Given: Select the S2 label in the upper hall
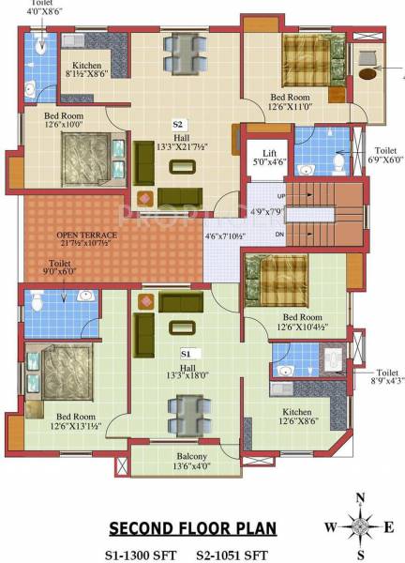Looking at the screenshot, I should (177, 123).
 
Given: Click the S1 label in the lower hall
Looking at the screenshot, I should (186, 352).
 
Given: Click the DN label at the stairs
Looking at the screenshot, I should (280, 234).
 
